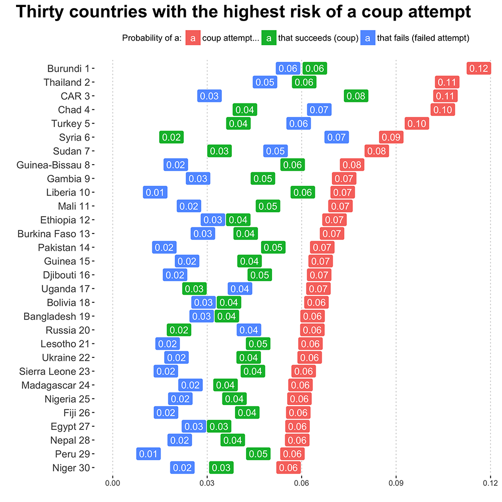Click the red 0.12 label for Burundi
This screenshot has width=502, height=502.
click(x=478, y=68)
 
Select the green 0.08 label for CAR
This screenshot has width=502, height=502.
click(x=356, y=96)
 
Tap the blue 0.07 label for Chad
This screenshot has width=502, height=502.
click(x=319, y=109)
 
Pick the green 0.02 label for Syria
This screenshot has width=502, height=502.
click(x=171, y=137)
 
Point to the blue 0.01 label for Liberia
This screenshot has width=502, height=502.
click(x=155, y=192)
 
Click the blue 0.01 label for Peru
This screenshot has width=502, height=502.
click(x=148, y=454)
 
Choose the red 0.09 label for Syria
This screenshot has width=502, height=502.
click(x=391, y=137)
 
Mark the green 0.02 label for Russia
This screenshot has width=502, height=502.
click(x=179, y=330)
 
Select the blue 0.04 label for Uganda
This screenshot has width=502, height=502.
click(x=240, y=289)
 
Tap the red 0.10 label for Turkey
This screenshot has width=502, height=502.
click(x=417, y=123)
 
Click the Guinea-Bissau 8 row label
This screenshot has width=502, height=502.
click(x=53, y=165)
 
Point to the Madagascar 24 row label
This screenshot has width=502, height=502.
click(x=56, y=385)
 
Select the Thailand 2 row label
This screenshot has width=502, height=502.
click(x=67, y=82)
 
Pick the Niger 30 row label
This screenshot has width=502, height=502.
click(x=71, y=468)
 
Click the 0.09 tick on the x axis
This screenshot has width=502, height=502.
click(x=396, y=483)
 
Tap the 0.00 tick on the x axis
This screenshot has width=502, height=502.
click(x=112, y=483)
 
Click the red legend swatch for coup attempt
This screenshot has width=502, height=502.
click(x=193, y=38)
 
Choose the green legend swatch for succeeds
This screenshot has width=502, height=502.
click(x=269, y=38)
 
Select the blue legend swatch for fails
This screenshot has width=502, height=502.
click(x=368, y=38)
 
